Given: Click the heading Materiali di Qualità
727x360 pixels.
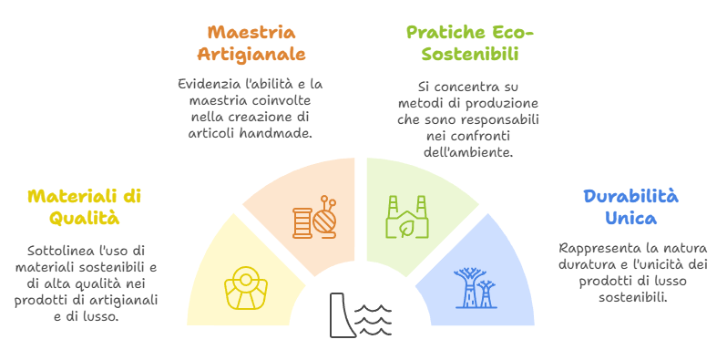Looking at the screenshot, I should click(x=84, y=207).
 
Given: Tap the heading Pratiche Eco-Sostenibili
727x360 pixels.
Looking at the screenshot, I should click(x=468, y=43).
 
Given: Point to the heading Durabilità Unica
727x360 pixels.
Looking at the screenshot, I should click(x=618, y=207).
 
